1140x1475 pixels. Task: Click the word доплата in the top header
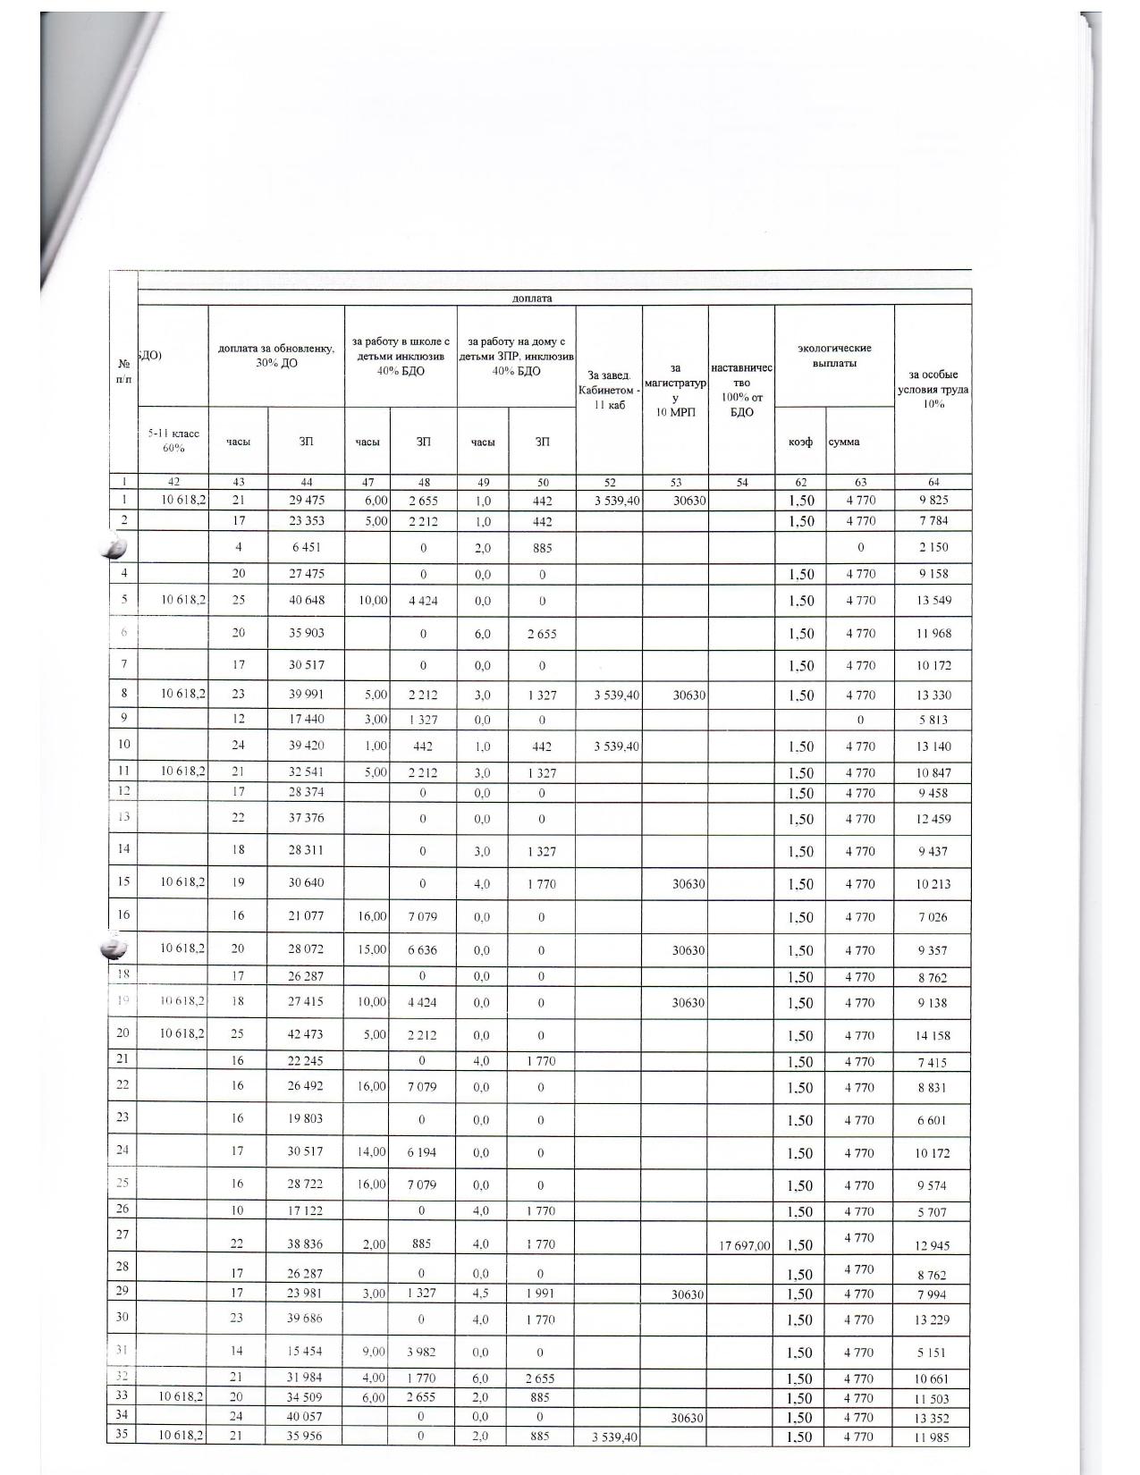point(532,298)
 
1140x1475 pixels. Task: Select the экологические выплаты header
point(833,356)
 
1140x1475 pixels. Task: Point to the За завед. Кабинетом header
point(609,390)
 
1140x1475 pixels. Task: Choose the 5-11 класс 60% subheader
point(173,440)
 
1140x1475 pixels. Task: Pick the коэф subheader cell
point(799,442)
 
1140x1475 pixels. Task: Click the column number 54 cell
point(740,483)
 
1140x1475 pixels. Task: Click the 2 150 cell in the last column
point(933,547)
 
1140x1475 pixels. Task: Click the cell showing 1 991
point(541,1294)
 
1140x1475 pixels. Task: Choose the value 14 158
point(933,1036)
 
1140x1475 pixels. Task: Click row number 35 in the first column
point(123,1435)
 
